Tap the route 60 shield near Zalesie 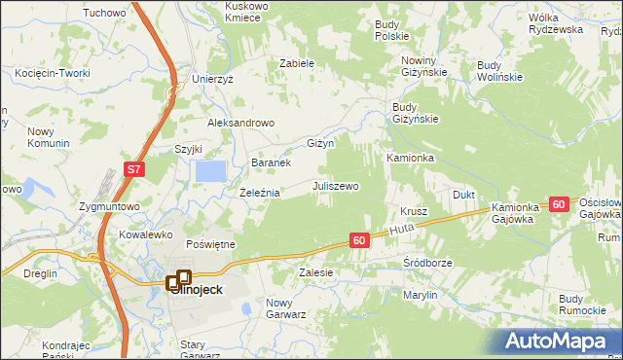coord(359,240)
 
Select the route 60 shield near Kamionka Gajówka coord(558,204)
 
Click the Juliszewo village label coord(336,185)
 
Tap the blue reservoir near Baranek coord(210,172)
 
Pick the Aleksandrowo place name coord(241,124)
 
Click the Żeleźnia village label coord(260,193)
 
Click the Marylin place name coord(421,294)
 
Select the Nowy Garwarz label coord(286,308)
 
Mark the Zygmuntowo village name coord(110,207)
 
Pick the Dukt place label coord(463,195)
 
